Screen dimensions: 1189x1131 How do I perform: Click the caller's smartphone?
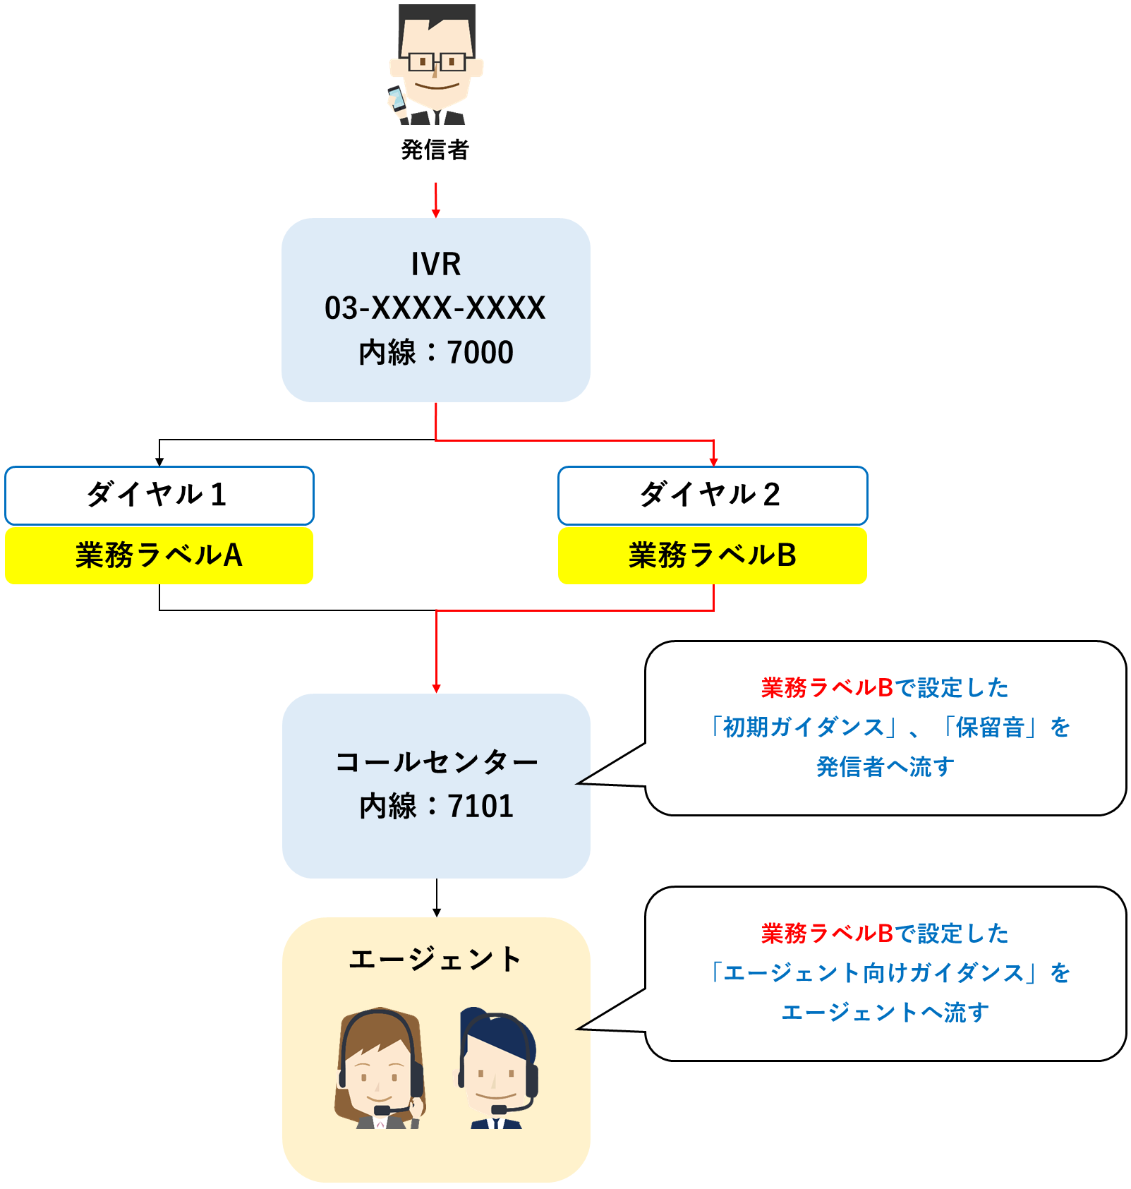click(397, 98)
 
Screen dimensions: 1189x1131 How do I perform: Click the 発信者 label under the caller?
click(435, 150)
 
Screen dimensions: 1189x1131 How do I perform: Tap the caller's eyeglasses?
click(437, 62)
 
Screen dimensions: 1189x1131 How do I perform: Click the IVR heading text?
click(436, 265)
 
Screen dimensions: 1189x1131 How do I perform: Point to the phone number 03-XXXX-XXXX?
click(435, 308)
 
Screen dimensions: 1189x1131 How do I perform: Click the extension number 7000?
click(480, 353)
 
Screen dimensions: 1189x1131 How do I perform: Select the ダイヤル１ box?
click(159, 495)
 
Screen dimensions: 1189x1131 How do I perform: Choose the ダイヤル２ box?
click(713, 495)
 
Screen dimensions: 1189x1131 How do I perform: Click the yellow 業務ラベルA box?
click(159, 556)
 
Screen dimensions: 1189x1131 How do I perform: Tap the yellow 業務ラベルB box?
click(713, 556)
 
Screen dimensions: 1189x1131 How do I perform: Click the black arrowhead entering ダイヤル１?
click(159, 461)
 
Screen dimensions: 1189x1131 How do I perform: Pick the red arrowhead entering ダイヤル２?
click(713, 461)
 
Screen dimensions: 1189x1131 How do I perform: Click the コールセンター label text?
click(436, 762)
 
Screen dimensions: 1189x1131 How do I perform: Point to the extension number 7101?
click(480, 807)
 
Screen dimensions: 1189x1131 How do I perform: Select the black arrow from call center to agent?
click(437, 898)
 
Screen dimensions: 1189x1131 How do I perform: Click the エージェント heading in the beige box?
click(435, 960)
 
